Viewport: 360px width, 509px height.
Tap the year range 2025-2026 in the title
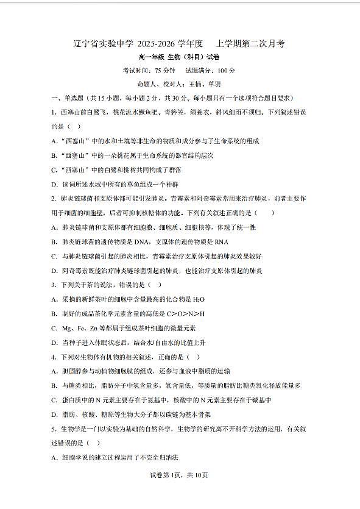tap(155, 44)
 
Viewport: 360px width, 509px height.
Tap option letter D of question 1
tap(54, 184)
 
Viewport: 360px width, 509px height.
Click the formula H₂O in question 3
tap(198, 299)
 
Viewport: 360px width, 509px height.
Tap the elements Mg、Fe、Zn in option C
tap(80, 329)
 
